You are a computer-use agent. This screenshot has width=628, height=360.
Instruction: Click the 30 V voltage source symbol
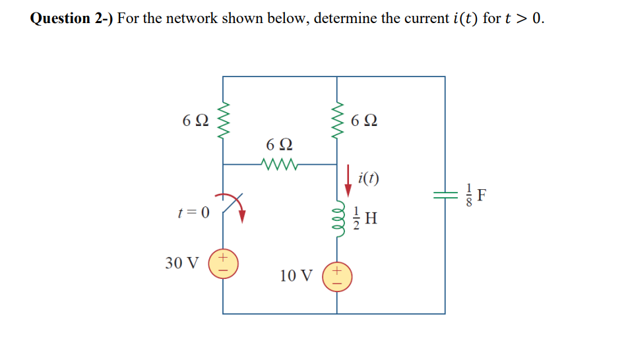click(x=223, y=262)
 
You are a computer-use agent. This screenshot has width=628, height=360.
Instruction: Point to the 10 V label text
click(x=296, y=276)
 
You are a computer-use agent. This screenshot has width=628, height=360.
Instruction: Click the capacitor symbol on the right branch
click(x=444, y=195)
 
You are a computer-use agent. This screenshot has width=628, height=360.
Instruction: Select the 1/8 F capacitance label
click(x=473, y=195)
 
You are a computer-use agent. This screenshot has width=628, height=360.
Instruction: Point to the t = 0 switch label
click(x=193, y=212)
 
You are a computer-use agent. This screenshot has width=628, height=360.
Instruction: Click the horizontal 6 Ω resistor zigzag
click(x=280, y=164)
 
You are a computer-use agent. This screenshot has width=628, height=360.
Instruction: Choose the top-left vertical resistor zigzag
click(x=223, y=121)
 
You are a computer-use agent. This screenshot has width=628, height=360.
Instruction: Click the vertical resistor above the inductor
click(x=338, y=121)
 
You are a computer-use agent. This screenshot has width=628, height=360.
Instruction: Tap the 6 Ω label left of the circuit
click(x=196, y=121)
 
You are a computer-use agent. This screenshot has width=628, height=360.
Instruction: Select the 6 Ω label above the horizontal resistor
click(x=280, y=144)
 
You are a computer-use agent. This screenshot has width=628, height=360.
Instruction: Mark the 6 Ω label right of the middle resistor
click(x=365, y=121)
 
